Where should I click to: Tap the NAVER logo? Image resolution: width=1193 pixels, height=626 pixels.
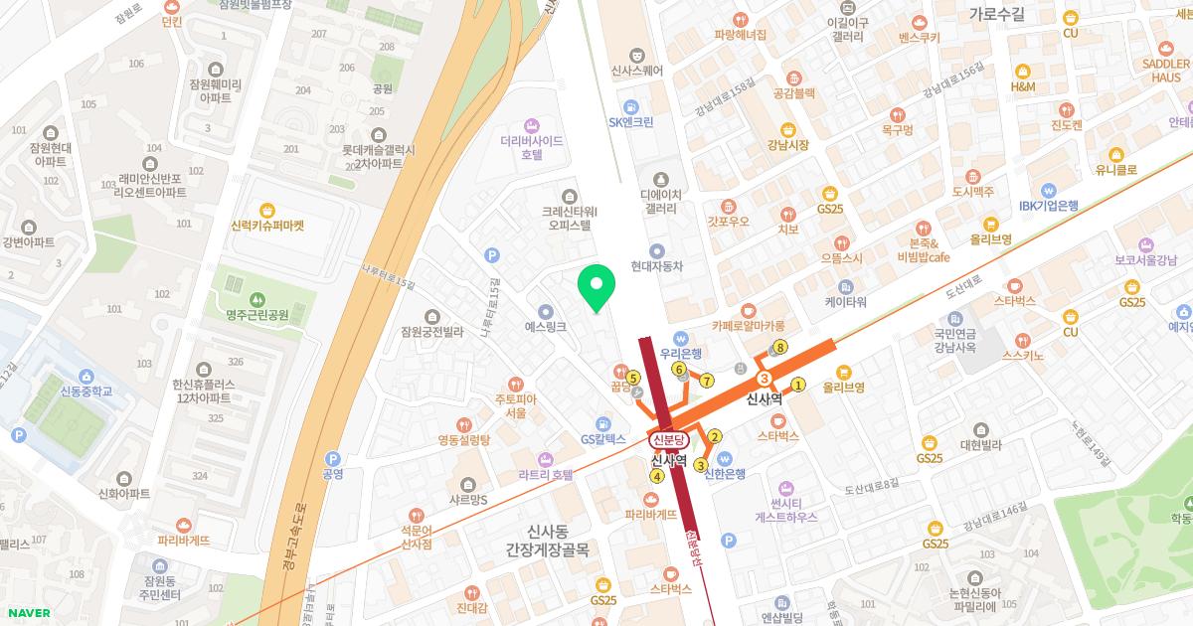click(26, 613)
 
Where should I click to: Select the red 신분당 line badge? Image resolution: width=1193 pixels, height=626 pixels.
click(668, 439)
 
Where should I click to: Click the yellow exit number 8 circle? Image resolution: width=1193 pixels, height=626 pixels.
click(780, 348)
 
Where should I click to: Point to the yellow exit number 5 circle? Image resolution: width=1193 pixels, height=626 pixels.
click(632, 377)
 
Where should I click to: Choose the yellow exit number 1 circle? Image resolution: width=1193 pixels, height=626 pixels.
click(797, 385)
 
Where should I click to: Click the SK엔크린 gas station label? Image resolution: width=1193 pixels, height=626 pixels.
click(630, 122)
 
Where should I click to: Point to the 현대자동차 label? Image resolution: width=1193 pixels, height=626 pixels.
click(656, 265)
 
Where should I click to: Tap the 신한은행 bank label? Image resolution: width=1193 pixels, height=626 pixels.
click(724, 473)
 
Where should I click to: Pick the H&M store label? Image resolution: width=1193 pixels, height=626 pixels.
click(1022, 86)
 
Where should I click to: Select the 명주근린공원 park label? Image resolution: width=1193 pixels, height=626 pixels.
click(256, 315)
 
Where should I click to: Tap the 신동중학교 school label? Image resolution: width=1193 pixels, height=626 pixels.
click(85, 391)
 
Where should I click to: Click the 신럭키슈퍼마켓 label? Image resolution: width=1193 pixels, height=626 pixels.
click(266, 226)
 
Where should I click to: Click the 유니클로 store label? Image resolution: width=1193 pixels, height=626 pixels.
click(1115, 169)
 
